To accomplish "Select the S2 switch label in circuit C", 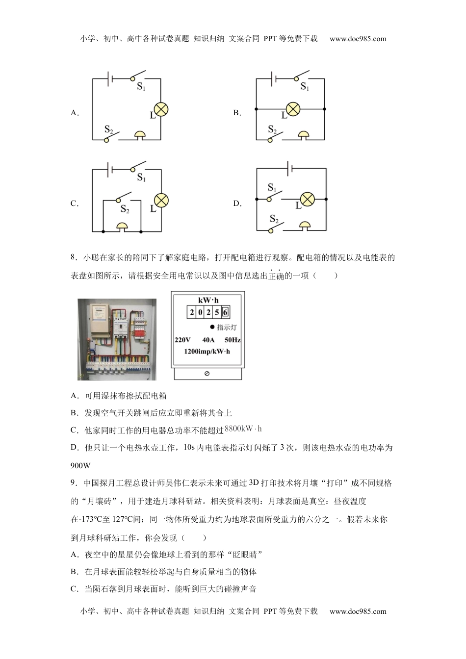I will coord(125,210).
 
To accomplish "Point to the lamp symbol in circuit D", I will coord(307,199).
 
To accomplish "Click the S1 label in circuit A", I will coord(141,87).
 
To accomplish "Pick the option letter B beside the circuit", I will coord(237,113).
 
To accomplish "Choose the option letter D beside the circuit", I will coord(237,203).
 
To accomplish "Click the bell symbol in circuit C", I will coord(121,226).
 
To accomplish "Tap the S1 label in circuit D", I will coord(272,188).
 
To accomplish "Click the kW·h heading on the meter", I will coord(208,300).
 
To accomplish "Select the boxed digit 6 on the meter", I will coord(225,312).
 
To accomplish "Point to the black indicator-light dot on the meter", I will coord(212,327).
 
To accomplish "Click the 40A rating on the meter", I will coord(208,340).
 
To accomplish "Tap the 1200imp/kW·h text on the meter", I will coord(207,352).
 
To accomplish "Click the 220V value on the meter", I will coord(182,340).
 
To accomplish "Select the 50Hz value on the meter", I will coord(233,340).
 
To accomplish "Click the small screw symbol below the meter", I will coord(207,374).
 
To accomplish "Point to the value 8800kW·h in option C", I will coord(243,429).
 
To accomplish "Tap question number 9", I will coord(74,483).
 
